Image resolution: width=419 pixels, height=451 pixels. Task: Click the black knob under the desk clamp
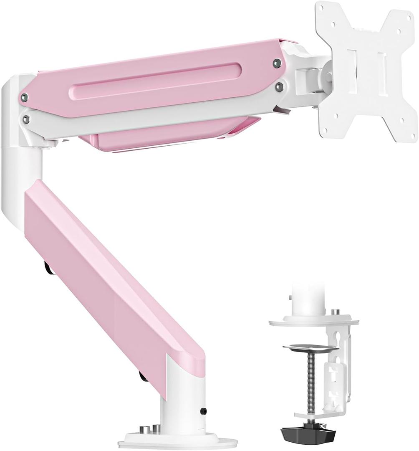coord(309,435)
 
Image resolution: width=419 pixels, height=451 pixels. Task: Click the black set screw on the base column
coord(203,411)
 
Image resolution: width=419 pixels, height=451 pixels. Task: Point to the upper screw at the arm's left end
coord(25,98)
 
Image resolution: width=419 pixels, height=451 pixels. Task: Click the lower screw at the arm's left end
coord(26,119)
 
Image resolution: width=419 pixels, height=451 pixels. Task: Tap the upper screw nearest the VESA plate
coord(277,63)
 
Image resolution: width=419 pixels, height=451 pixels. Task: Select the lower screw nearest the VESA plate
coord(279,86)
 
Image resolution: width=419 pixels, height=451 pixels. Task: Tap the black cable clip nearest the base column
coord(143,376)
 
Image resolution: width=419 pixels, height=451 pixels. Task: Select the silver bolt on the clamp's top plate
coord(335,312)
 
